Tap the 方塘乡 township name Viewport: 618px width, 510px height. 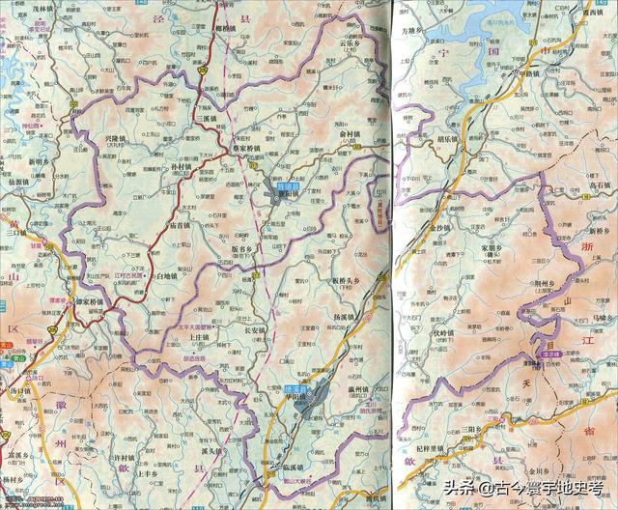(x=414, y=31)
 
